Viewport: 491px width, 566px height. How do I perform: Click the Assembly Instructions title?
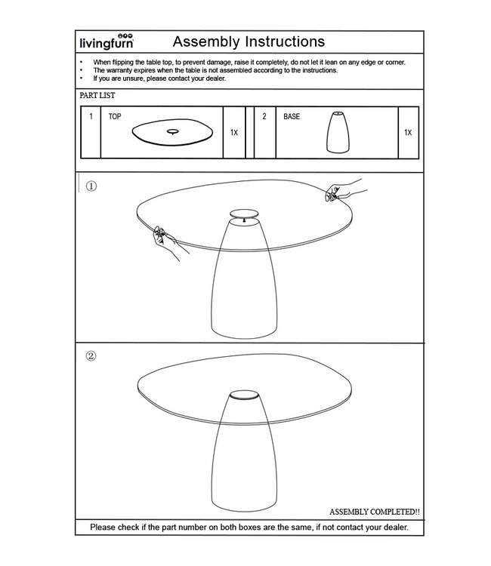click(249, 41)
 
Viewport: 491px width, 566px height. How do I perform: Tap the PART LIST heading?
click(97, 97)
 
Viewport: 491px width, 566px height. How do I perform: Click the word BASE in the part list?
click(292, 117)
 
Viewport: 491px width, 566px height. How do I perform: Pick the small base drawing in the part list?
click(338, 133)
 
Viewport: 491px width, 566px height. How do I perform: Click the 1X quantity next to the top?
click(234, 132)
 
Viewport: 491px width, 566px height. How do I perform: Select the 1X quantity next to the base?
click(408, 132)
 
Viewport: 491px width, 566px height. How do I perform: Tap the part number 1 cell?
click(91, 117)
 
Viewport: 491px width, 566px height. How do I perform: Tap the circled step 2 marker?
click(91, 356)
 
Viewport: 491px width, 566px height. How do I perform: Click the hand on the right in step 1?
click(344, 192)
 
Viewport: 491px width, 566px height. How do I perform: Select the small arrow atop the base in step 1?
click(243, 220)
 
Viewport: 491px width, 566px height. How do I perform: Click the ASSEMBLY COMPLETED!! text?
click(375, 512)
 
